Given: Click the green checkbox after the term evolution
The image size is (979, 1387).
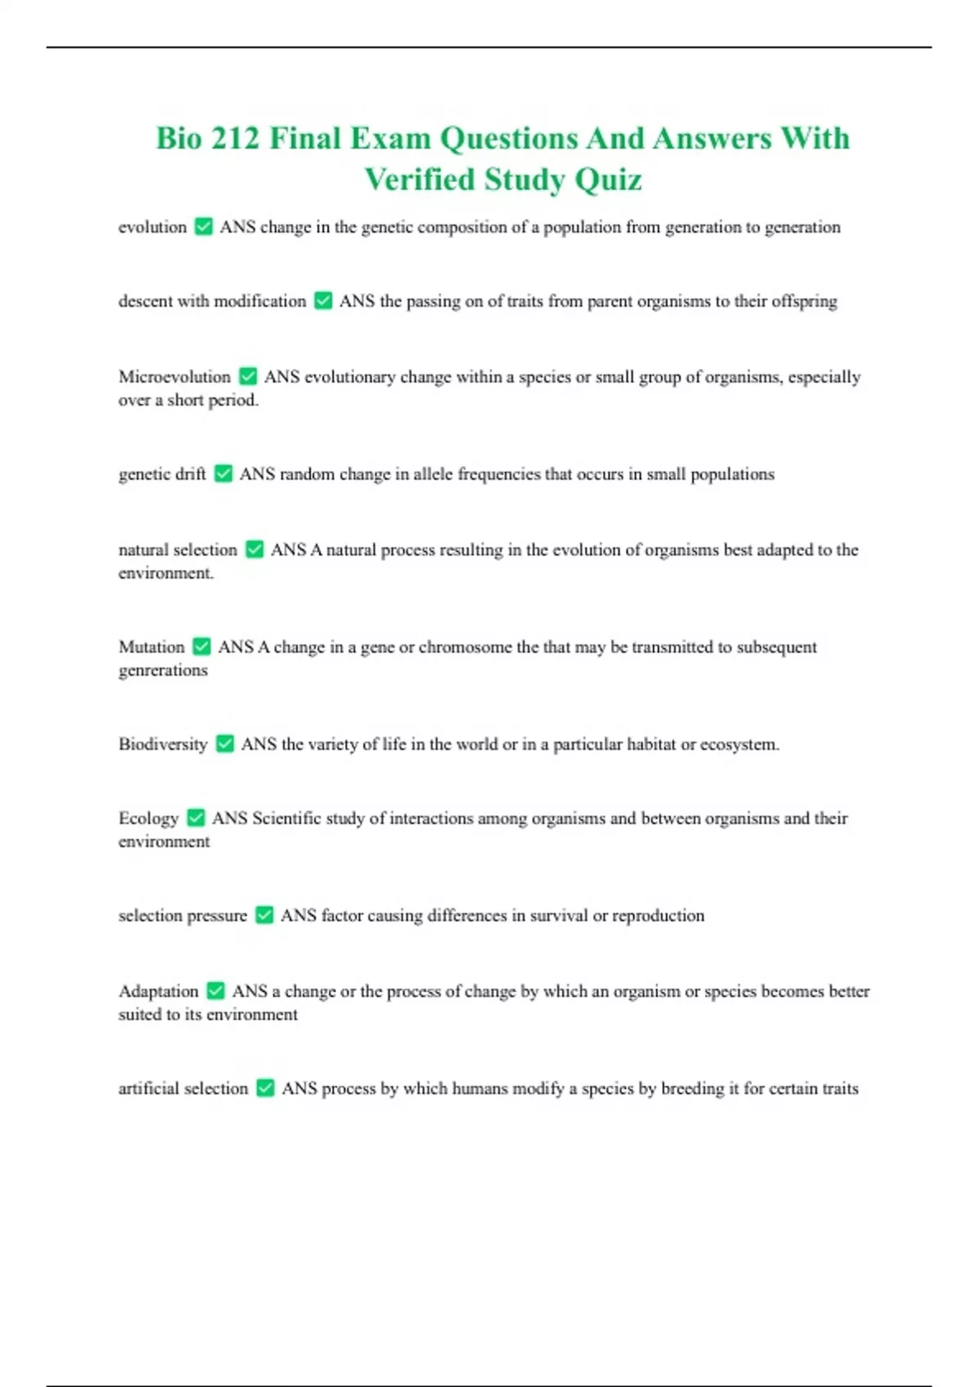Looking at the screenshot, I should pyautogui.click(x=204, y=227).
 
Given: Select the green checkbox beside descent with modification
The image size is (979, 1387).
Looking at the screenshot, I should pyautogui.click(x=323, y=301).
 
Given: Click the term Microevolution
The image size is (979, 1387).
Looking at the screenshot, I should pyautogui.click(x=175, y=377).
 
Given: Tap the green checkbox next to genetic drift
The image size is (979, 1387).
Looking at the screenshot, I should pyautogui.click(x=223, y=474).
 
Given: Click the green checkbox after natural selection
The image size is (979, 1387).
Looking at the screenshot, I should pyautogui.click(x=255, y=550).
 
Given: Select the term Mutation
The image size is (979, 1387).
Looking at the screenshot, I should pyautogui.click(x=152, y=647).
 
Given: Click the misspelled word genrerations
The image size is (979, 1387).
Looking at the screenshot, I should pyautogui.click(x=163, y=671).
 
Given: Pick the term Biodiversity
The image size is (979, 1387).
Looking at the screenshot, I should pyautogui.click(x=163, y=744).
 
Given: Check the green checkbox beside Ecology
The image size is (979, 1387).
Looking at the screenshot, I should pyautogui.click(x=196, y=818).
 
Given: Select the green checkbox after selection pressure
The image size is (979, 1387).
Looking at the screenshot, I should pyautogui.click(x=264, y=915).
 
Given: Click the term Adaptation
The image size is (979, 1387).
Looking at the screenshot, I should pyautogui.click(x=158, y=991).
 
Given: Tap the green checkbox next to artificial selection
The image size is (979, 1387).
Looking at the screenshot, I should pyautogui.click(x=265, y=1088).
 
